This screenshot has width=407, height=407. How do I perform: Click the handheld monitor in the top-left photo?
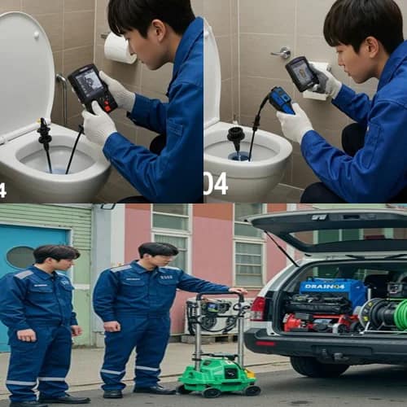coord(91,86)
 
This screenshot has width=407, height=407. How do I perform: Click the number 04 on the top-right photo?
coord(215,184)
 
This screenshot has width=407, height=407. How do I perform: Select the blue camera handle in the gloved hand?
coord(281,102)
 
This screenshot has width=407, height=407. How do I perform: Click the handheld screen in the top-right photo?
coord(300,73)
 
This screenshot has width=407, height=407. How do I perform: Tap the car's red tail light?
coord(258,309)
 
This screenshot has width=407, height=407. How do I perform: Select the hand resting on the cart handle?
coord(237,291)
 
